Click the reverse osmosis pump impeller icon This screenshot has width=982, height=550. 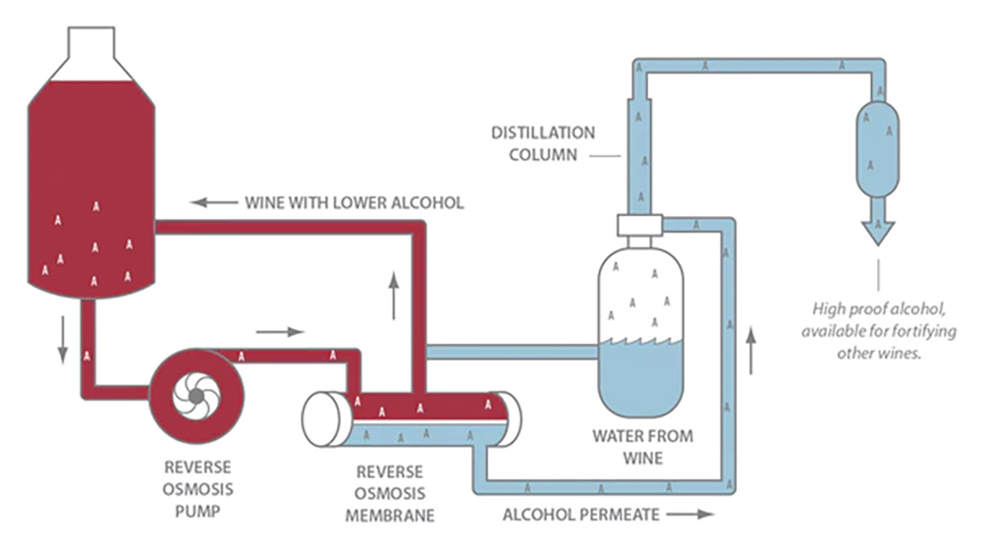coord(196,395)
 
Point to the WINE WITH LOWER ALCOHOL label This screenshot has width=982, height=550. coord(354,203)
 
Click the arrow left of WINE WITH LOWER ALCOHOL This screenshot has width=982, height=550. coord(213,203)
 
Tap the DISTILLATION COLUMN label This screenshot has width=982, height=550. coord(543,143)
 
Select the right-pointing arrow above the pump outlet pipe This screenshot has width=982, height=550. coord(281,332)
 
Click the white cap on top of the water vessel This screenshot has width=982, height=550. coord(640,225)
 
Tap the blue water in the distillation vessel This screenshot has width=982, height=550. coord(640,378)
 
